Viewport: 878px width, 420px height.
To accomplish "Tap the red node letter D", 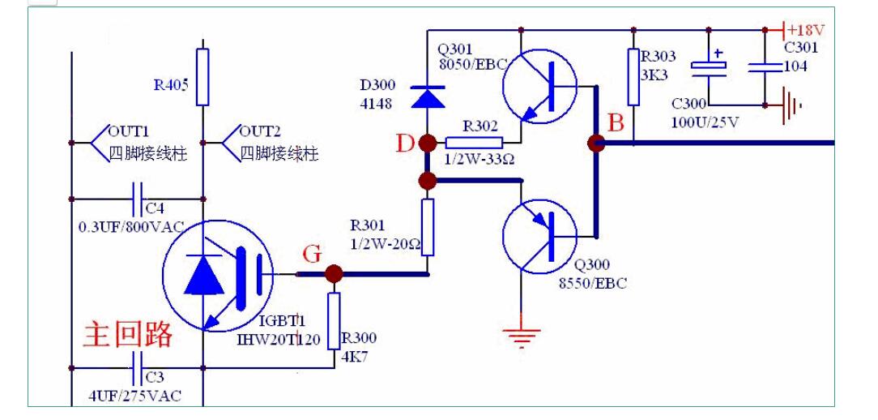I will click(405, 144).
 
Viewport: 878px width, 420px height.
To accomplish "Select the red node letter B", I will click(616, 123).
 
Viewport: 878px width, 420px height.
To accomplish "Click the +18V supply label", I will click(806, 30).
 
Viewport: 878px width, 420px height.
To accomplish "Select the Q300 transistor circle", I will click(539, 236).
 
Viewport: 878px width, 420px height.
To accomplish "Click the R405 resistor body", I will click(202, 77).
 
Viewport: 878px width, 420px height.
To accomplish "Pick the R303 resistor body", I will click(633, 77).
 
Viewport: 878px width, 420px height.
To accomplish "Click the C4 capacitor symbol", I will click(138, 197).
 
